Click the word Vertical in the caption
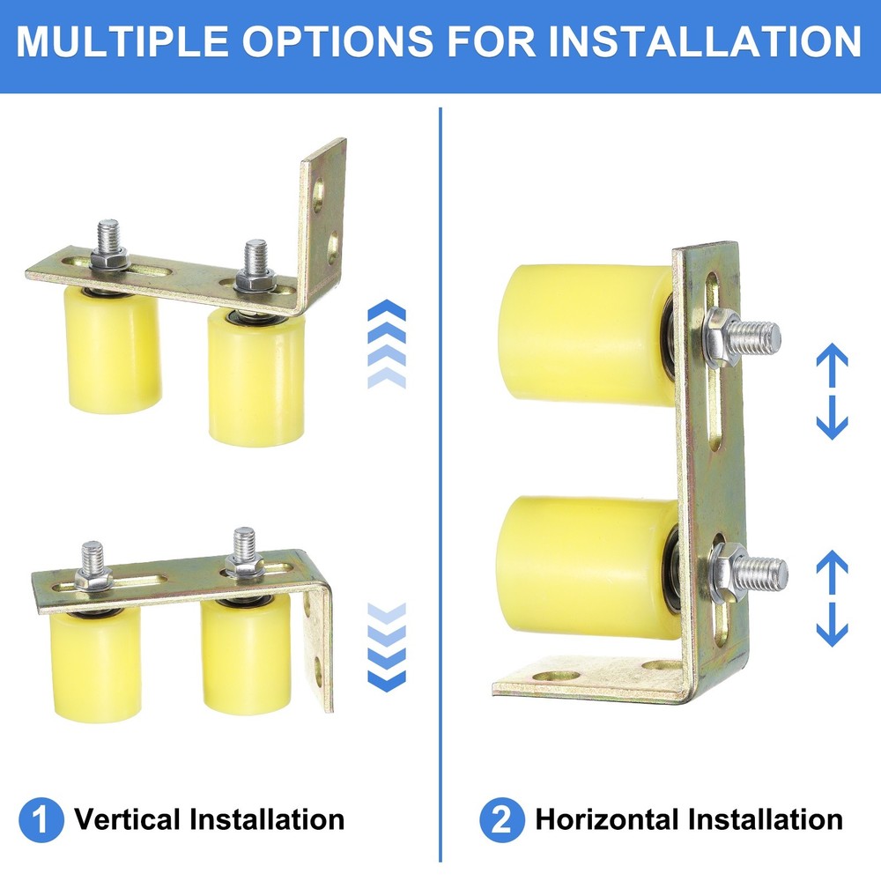tap(127, 820)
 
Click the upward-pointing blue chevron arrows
tap(386, 344)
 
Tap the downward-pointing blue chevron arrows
tap(386, 648)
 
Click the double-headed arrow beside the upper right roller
tap(832, 392)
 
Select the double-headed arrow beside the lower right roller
tap(832, 598)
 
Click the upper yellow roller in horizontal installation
tap(581, 334)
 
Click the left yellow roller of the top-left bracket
tap(113, 352)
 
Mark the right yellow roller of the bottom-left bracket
tap(246, 655)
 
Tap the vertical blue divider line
tap(440, 485)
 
